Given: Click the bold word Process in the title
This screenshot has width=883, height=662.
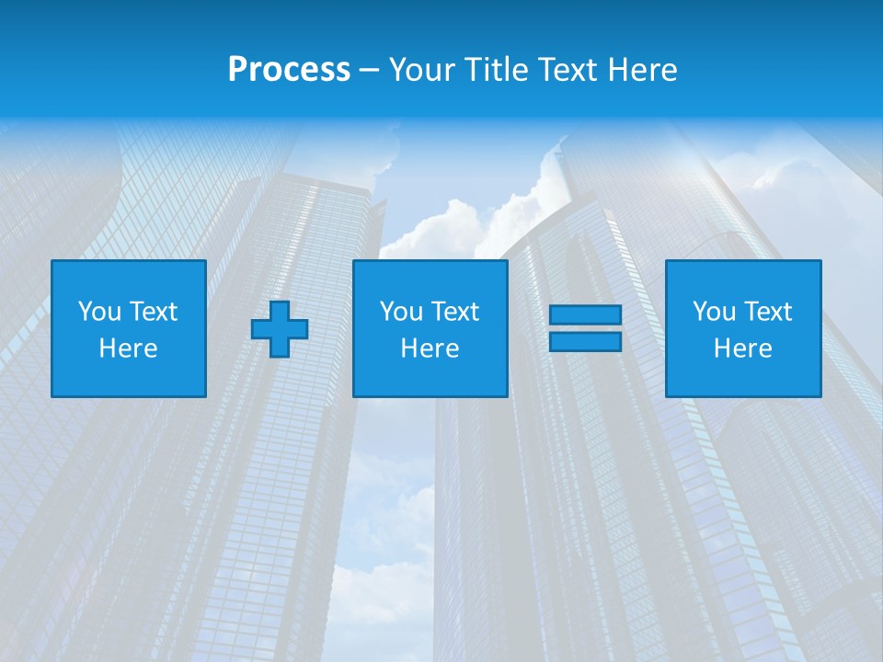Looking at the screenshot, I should (x=289, y=70).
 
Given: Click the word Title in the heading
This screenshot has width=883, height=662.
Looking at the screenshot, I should (x=497, y=70).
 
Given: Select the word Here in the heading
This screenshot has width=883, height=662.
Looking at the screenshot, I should (x=642, y=70).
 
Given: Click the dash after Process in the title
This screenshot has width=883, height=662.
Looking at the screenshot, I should (x=369, y=71).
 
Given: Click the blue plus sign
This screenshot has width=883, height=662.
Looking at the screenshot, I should (x=280, y=329).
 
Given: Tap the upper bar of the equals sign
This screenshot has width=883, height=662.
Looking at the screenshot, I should (x=585, y=315).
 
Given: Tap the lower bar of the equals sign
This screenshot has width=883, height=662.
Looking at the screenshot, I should (x=585, y=342).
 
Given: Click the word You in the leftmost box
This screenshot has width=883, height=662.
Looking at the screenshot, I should (x=99, y=312).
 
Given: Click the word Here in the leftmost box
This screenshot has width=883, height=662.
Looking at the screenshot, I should (x=129, y=348).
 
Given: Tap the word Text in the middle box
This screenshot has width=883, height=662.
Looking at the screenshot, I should (x=453, y=312).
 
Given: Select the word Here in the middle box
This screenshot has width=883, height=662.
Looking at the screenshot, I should (x=430, y=348).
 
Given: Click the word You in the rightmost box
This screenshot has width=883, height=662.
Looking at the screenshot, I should (x=714, y=312).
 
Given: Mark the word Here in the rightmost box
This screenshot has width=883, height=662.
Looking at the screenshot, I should (x=743, y=348).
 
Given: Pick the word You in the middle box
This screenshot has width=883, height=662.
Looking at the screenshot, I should (x=401, y=312).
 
